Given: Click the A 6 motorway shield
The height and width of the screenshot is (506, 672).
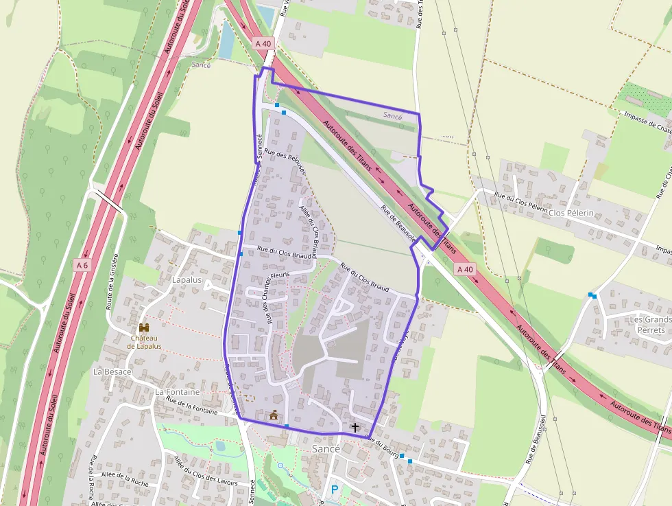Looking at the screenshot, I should coord(82,264).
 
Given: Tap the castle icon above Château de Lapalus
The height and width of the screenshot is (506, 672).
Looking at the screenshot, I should coord(144,327).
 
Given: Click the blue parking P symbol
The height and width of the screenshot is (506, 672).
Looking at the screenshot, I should coord(335,490).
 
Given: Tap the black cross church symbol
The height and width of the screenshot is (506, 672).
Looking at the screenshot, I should coord(355,428).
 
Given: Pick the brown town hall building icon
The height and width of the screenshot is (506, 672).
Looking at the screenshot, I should coord(274,415).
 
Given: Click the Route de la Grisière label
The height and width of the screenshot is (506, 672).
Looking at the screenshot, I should coord(111,281).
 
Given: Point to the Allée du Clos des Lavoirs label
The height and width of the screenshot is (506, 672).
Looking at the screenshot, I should coord(205,472).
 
